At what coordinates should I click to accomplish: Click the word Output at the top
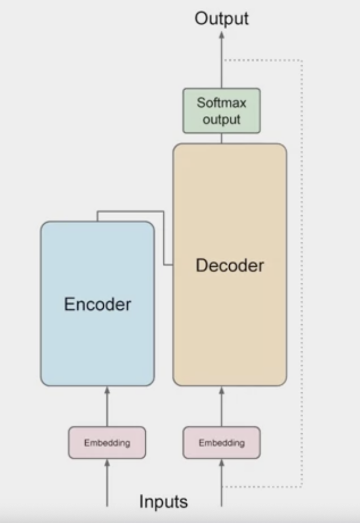click(x=221, y=19)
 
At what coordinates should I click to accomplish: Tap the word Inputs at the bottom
click(x=163, y=502)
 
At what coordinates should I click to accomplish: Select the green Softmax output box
click(x=221, y=111)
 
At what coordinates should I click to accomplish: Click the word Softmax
click(x=221, y=102)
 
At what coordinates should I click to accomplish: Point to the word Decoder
click(x=230, y=265)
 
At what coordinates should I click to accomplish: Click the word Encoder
click(x=98, y=304)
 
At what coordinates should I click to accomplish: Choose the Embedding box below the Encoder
click(x=107, y=443)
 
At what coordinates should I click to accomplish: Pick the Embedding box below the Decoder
click(x=221, y=443)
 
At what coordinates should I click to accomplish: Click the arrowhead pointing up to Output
click(x=221, y=35)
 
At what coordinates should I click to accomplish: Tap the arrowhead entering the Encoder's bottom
click(x=107, y=390)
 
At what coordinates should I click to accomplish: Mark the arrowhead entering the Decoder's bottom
click(x=221, y=390)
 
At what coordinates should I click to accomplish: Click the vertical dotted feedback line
click(x=302, y=270)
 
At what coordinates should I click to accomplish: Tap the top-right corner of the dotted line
click(x=302, y=61)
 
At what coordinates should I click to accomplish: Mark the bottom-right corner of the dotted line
click(x=302, y=487)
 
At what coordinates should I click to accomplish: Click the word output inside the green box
click(x=221, y=119)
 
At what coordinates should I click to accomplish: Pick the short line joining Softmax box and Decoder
click(x=221, y=139)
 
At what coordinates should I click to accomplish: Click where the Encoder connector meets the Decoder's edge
click(x=173, y=265)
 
